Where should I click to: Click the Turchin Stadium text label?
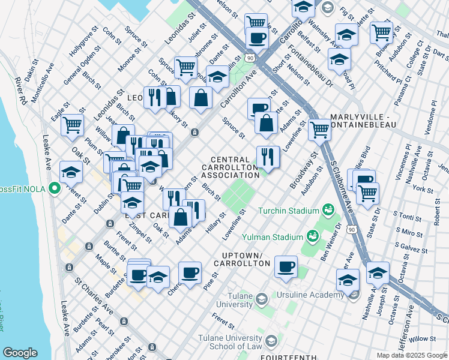tap(288, 211)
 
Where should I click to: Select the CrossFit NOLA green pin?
tap(55, 189)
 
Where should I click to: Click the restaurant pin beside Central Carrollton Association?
tap(268, 157)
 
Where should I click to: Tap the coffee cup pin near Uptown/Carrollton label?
tap(286, 266)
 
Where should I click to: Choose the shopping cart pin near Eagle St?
tap(72, 125)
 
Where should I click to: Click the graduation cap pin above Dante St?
tap(71, 173)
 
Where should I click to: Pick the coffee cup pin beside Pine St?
tap(190, 273)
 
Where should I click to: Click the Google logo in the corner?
tap(20, 353)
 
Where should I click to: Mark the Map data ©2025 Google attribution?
tap(411, 355)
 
